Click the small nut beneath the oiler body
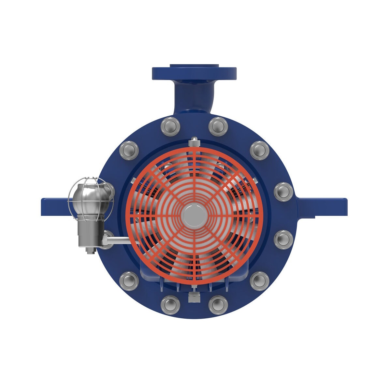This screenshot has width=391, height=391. point(90,251)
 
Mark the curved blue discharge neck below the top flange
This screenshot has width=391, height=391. point(193,98)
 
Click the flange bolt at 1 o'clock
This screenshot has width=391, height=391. point(218,126)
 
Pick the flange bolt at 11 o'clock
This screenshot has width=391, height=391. point(170,126)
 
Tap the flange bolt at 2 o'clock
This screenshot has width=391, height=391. point(260,150)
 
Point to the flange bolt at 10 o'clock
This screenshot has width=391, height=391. point(129,150)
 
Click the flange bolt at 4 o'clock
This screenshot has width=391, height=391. point(283,239)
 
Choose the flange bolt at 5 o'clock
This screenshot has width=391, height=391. point(260,280)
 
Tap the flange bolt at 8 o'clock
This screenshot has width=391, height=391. point(129,280)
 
